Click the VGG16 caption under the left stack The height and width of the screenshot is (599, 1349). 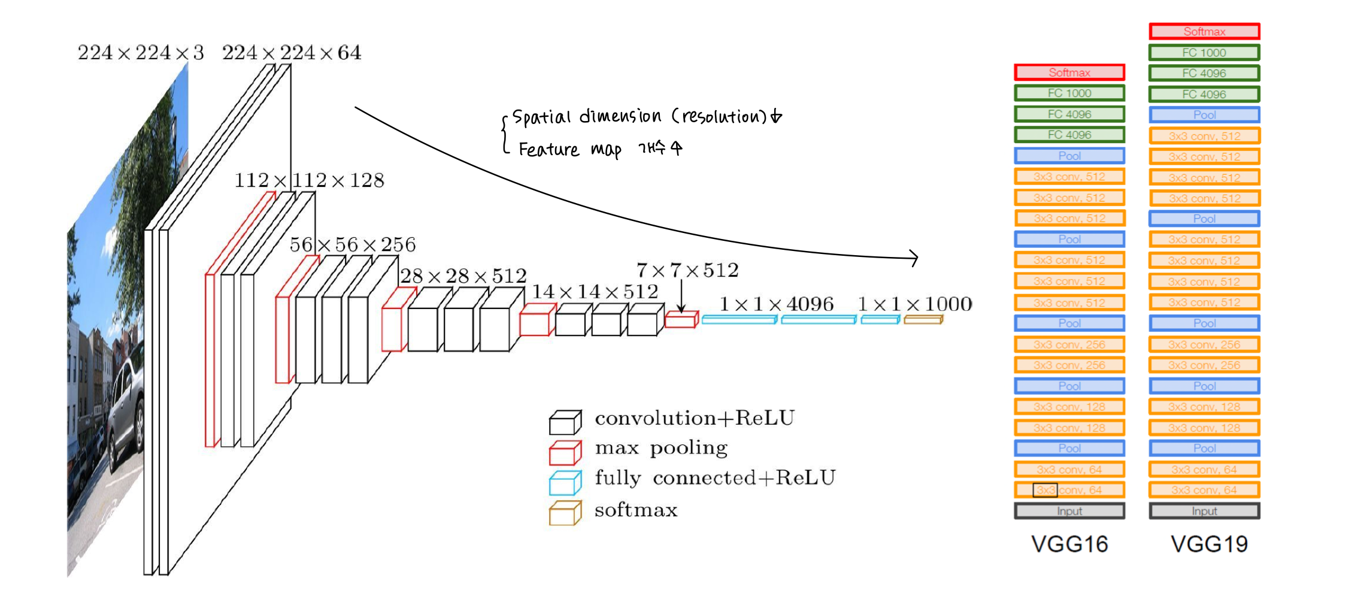tap(1069, 544)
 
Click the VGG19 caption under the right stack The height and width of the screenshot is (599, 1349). tap(1209, 544)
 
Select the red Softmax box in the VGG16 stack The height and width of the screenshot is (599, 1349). tap(1069, 72)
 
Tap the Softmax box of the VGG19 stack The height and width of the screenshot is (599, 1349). tap(1204, 31)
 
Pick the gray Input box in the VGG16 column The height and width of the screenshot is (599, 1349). tap(1069, 511)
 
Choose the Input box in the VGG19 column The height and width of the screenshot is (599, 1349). tap(1204, 511)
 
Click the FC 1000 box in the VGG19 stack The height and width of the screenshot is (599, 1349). tap(1204, 53)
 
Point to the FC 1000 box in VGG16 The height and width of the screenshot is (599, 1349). tap(1069, 93)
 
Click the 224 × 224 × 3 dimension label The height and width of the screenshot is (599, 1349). tap(141, 53)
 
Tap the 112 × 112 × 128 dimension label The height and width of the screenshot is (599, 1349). tap(309, 180)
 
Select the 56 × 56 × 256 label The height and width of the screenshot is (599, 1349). tap(353, 244)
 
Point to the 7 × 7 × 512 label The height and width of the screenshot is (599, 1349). tap(687, 270)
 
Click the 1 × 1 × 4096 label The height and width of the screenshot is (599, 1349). tap(776, 304)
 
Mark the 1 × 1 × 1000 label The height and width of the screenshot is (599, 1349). tap(915, 304)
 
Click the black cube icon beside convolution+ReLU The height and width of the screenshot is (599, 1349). tap(565, 422)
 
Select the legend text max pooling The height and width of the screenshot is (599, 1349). tap(661, 448)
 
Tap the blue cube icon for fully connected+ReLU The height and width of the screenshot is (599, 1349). tap(565, 483)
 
